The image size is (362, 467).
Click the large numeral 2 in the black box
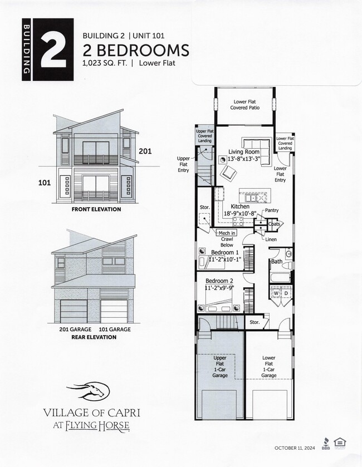click(55, 50)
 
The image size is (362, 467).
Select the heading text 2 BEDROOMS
click(135, 51)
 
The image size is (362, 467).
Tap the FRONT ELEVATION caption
click(96, 209)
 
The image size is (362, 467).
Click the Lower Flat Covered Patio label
click(246, 105)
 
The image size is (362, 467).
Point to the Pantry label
click(271, 210)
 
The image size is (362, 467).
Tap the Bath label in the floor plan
click(276, 261)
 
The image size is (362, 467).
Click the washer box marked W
click(276, 293)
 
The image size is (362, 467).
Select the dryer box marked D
click(286, 293)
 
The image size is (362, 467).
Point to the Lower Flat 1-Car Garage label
click(269, 367)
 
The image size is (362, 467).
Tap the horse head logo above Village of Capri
click(89, 391)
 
